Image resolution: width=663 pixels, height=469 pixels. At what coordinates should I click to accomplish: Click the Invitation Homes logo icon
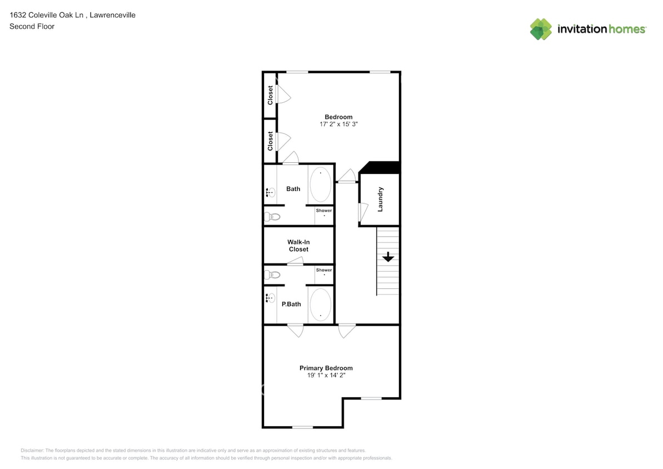coord(541,29)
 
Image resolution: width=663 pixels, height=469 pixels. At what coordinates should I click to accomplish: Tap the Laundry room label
coord(381,199)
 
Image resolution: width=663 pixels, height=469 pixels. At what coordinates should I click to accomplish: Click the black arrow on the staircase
coord(388,257)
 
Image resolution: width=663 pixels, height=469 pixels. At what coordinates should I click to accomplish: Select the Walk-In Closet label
coord(298,246)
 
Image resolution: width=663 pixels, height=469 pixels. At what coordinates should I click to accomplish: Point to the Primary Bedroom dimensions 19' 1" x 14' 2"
coord(326,376)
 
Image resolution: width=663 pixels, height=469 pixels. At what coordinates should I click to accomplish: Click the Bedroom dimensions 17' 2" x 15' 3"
coord(338,124)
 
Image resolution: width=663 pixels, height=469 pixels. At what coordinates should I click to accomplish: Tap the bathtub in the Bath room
coord(320,184)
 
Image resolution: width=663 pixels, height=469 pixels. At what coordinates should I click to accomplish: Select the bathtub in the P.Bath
coord(320,305)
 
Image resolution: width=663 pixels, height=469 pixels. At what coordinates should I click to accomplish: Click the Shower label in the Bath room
coord(324,211)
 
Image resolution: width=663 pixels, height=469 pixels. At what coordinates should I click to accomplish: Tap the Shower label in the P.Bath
coord(324,270)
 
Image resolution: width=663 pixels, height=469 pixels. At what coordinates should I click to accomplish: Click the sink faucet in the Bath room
coord(270,193)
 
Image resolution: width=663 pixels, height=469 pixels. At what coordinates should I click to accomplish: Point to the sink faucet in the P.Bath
coord(270,298)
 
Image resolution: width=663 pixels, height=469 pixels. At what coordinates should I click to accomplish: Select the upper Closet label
coord(271,95)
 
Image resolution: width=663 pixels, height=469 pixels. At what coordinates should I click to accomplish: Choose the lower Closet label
coord(271,141)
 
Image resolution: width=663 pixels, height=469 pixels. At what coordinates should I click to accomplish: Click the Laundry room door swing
coord(363,211)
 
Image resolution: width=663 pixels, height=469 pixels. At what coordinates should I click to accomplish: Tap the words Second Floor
coord(32,26)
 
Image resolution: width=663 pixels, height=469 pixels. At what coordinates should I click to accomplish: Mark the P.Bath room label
coord(291,304)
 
